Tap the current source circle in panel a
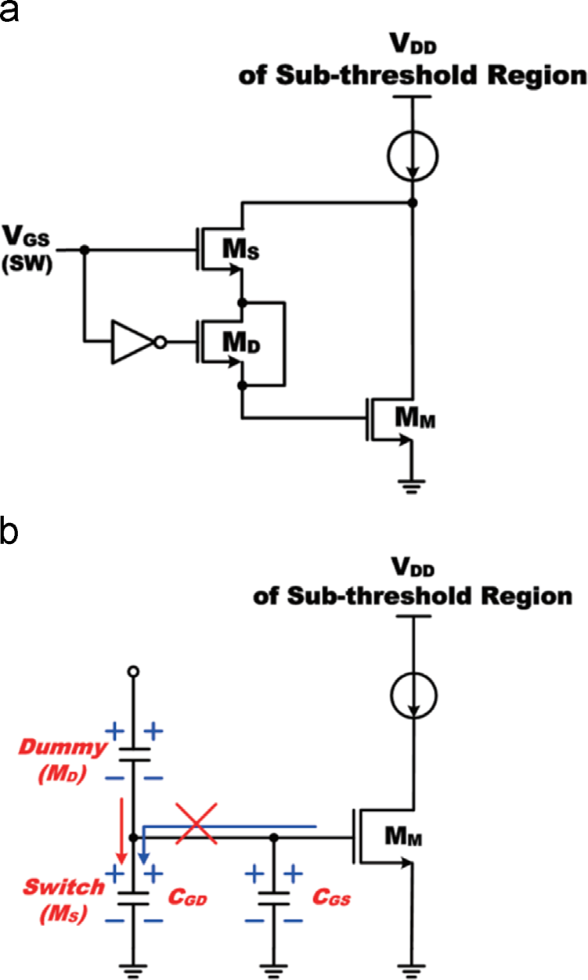412,156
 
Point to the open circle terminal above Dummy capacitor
133,672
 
